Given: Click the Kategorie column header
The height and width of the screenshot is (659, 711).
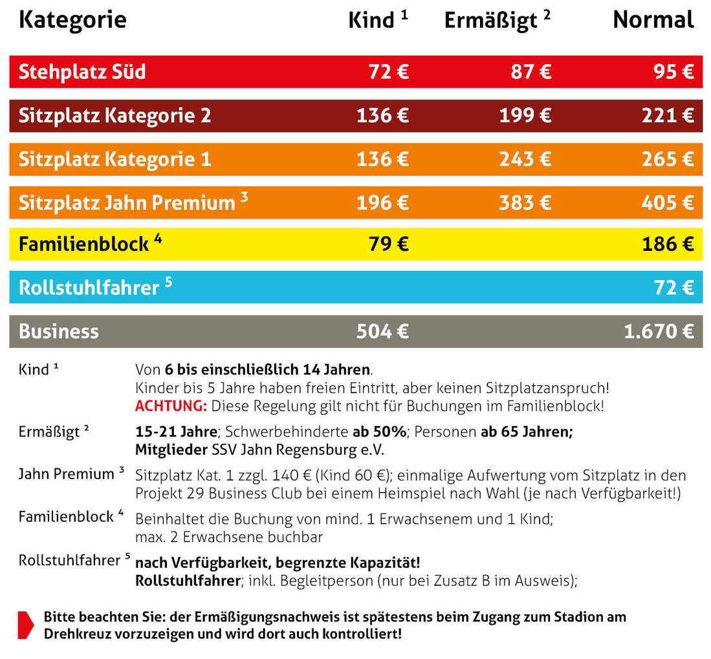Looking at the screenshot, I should tap(72, 20).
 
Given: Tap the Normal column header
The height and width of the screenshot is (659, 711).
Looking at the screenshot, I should tap(653, 20).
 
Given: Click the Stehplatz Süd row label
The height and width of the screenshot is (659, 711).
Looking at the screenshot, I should tap(82, 72).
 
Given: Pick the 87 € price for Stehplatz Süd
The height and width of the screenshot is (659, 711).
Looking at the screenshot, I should tap(531, 72).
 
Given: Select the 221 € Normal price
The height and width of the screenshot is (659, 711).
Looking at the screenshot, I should tap(668, 116).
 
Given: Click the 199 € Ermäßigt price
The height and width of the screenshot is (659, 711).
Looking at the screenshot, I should tap(525, 116).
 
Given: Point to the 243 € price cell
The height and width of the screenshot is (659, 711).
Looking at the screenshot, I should tap(525, 159).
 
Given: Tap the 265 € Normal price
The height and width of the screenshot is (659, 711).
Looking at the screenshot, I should tap(668, 159).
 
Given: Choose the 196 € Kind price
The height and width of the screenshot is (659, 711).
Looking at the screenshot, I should tap(382, 202).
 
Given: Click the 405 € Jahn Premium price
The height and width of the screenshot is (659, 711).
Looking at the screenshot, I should tap(668, 202).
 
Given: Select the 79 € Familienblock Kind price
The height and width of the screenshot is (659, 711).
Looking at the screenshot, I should tap(388, 244).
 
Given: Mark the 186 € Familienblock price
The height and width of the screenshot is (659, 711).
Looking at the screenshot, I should tap(668, 244).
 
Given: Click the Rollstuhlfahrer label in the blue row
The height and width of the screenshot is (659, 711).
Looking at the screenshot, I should tap(89, 288).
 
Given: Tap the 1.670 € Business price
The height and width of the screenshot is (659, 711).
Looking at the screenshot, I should tap(659, 332).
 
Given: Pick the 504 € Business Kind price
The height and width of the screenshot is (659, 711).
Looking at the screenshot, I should tap(382, 332).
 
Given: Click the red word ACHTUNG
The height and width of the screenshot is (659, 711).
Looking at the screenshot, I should tap(171, 407).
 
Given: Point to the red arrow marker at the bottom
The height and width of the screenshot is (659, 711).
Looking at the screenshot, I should tap(25, 625).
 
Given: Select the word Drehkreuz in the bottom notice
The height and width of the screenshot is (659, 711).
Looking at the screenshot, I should tap(77, 633).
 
